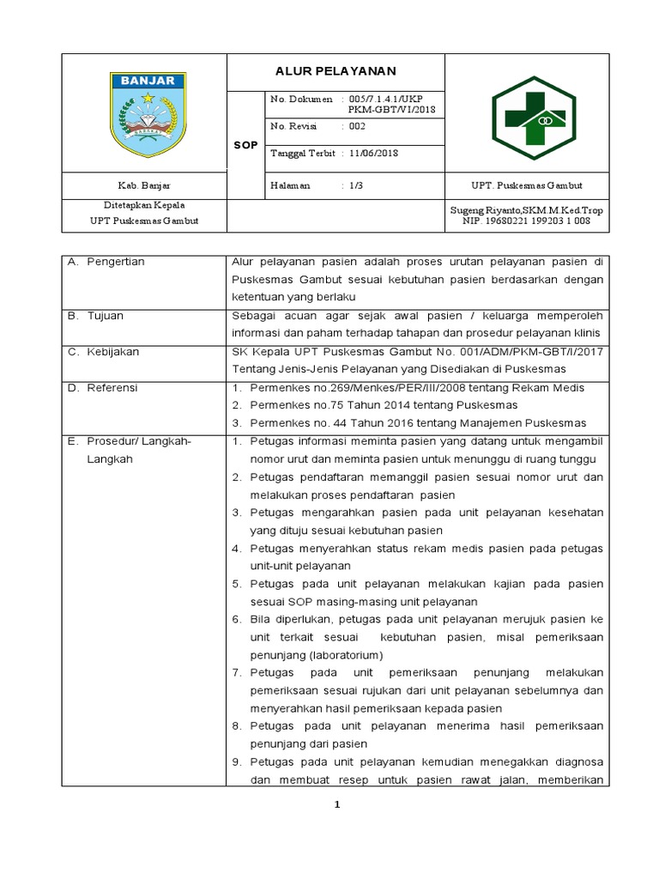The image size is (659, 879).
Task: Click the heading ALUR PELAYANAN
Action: click(x=336, y=71)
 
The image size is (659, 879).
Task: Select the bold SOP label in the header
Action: click(x=245, y=146)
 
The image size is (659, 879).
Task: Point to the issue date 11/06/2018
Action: click(x=373, y=153)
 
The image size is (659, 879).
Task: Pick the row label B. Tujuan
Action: click(x=95, y=315)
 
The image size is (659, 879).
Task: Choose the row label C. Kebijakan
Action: click(x=103, y=351)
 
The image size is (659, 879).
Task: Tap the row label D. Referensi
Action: click(x=102, y=387)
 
